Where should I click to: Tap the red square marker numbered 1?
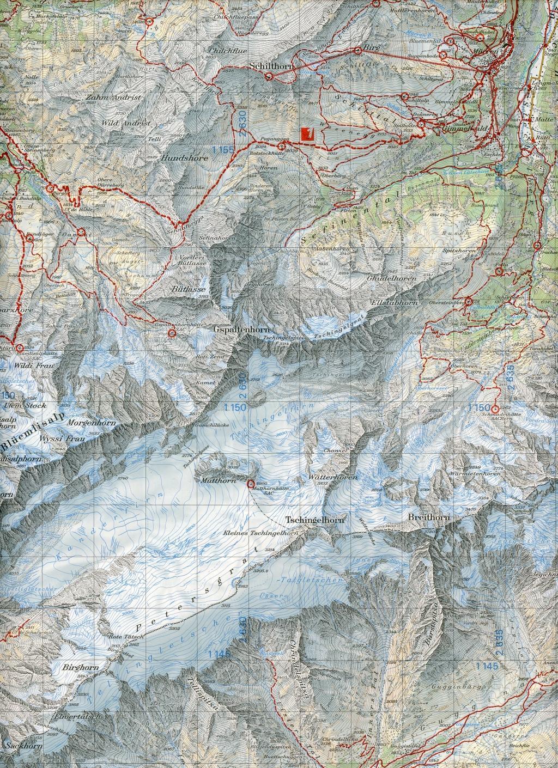tap(308, 133)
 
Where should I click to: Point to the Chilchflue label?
tap(221, 51)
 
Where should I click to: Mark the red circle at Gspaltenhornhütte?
tap(172, 332)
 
